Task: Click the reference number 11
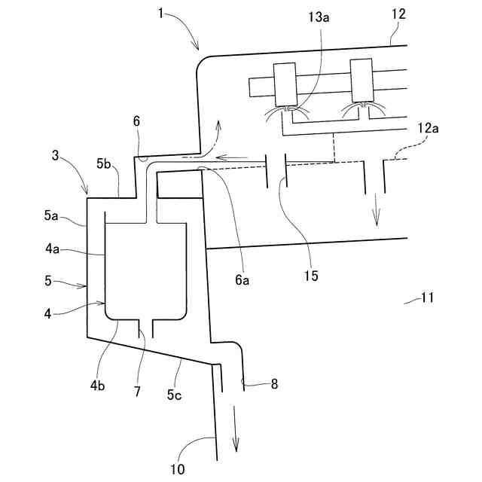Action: pyautogui.click(x=426, y=297)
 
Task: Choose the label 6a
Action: pyautogui.click(x=242, y=279)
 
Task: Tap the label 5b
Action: pyautogui.click(x=105, y=163)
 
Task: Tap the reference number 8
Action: pyautogui.click(x=274, y=384)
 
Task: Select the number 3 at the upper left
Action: pyautogui.click(x=56, y=156)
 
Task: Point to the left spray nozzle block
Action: pyautogui.click(x=284, y=84)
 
